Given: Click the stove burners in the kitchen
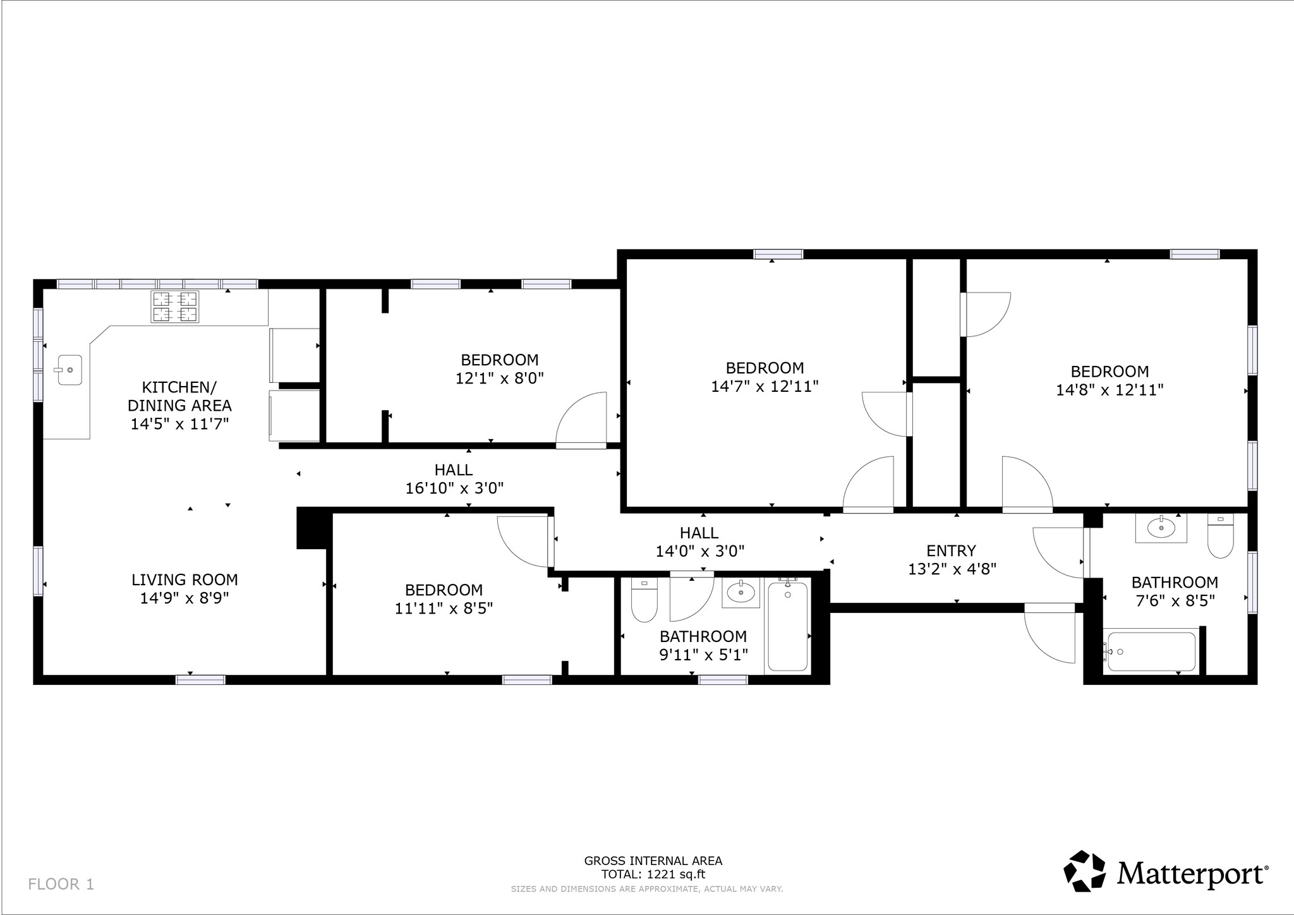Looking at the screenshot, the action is point(175,306).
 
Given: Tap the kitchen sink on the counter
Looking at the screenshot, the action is point(69,370).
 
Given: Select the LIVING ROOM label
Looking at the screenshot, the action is point(184,579).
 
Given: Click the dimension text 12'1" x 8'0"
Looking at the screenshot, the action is point(500,379).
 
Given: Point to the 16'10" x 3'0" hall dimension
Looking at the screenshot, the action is point(454,488).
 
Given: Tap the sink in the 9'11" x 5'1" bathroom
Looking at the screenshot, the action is point(741,592).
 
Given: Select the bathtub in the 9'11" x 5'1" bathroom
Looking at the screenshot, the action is point(787,626).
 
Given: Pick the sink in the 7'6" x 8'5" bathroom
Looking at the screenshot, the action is point(1161,528).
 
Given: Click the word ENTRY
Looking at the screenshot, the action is point(951,551).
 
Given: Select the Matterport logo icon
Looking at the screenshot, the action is point(1085,871).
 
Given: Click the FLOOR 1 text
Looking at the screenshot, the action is point(61,884).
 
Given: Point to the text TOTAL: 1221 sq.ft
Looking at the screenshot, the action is point(653,875).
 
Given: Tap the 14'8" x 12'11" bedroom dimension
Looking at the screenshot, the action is point(1110,390).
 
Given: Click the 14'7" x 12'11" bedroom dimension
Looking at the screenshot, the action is point(765,386).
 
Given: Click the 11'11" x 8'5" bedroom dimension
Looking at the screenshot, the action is point(444,609).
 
